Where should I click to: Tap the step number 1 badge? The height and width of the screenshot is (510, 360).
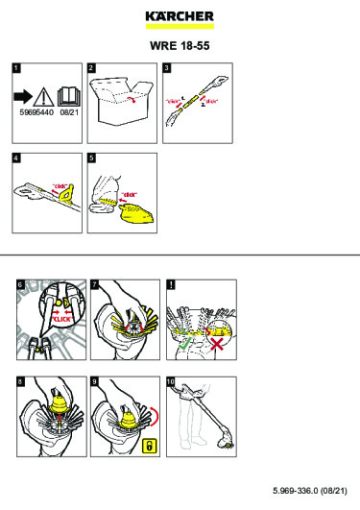pyautogui.click(x=16, y=69)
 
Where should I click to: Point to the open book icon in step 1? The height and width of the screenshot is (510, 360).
pyautogui.click(x=69, y=96)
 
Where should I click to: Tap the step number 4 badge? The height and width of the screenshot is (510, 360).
pyautogui.click(x=16, y=156)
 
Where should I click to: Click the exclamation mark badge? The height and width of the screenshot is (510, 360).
pyautogui.click(x=170, y=284)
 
